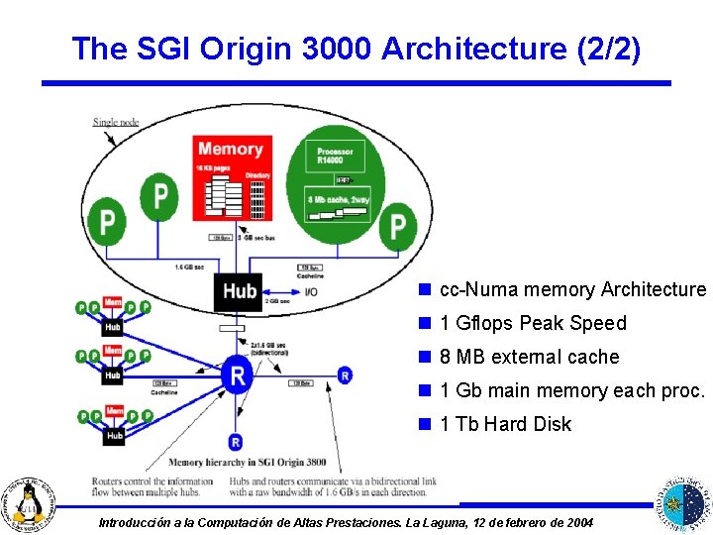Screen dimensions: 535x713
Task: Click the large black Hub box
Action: (x=240, y=291)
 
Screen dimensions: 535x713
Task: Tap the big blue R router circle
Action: (x=235, y=374)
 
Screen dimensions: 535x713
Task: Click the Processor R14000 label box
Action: (x=335, y=157)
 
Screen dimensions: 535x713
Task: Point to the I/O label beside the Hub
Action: (x=311, y=291)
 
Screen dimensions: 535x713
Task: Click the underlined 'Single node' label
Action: (x=116, y=122)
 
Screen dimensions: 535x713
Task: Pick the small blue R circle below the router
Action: (x=235, y=442)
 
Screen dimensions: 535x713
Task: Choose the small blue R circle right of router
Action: (x=344, y=375)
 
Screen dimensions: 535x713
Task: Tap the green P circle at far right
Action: (x=397, y=227)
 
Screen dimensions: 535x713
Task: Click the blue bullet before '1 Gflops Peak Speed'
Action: (x=424, y=323)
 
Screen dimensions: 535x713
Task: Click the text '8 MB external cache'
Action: (x=530, y=357)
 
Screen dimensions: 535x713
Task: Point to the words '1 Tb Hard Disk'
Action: (x=506, y=424)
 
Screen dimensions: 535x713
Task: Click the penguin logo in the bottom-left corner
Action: (x=32, y=501)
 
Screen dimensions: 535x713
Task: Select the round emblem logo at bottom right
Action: (x=682, y=500)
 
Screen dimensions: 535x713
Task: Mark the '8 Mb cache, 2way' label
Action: (x=339, y=198)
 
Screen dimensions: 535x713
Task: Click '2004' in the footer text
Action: (x=578, y=522)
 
